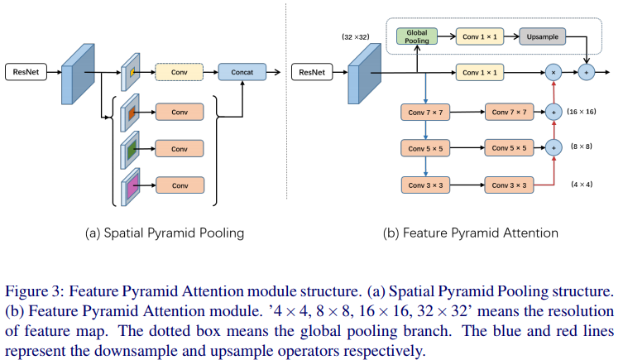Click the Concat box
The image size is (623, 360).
click(x=242, y=73)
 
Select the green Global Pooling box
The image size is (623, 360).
click(x=417, y=36)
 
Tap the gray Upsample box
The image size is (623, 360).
click(x=542, y=36)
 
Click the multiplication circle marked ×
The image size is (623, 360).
click(x=554, y=73)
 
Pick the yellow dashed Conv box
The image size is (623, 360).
click(x=180, y=73)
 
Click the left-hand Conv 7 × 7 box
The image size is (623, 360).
click(x=425, y=112)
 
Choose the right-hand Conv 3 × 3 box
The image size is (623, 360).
click(x=510, y=185)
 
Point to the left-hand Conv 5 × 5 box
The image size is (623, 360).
click(x=425, y=148)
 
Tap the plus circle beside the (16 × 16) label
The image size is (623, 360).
click(x=554, y=112)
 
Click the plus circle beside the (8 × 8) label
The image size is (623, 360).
click(x=554, y=148)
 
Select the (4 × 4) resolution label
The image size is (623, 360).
click(x=582, y=184)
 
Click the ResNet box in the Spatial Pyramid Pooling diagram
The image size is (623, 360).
click(x=25, y=73)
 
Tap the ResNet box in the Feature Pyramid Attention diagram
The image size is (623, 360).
click(x=311, y=73)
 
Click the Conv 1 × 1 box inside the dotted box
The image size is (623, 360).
click(x=479, y=36)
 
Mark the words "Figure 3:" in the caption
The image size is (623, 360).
click(x=34, y=291)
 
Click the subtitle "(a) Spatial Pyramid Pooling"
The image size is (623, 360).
click(x=165, y=233)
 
